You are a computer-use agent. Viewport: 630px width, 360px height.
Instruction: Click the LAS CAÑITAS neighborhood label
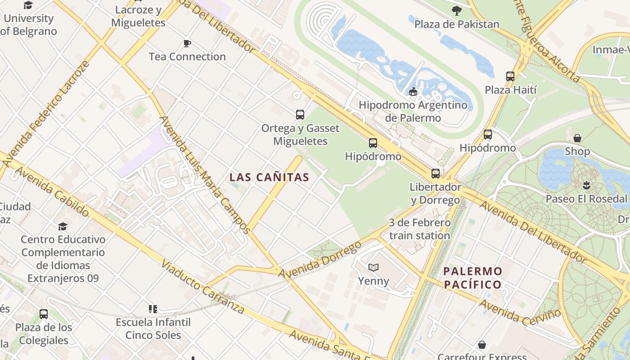point(269,177)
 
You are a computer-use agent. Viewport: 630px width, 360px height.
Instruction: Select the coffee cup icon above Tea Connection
point(187,44)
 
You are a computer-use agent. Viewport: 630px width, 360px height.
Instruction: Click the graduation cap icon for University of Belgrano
point(28,5)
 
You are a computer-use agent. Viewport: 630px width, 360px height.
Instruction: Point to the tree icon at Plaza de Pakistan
point(457,11)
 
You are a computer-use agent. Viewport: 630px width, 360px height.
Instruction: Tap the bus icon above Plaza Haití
point(510,76)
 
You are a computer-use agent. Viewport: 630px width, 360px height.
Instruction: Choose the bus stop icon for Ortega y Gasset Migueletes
point(300,115)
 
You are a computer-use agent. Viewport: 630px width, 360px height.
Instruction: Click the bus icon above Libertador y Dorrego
point(435,174)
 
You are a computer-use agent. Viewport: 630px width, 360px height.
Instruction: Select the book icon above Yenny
point(373,268)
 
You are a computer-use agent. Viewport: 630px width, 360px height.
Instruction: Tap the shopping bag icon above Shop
point(577,138)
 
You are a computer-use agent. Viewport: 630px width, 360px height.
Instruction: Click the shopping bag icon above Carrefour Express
point(482,345)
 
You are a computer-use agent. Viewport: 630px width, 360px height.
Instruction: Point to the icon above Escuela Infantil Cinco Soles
point(153,309)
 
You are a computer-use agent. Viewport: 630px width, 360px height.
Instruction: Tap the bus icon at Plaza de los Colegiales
point(44,314)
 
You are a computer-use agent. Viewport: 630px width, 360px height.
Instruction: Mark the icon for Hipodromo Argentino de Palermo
point(413,92)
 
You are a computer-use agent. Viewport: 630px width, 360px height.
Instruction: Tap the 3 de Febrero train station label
point(419,229)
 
